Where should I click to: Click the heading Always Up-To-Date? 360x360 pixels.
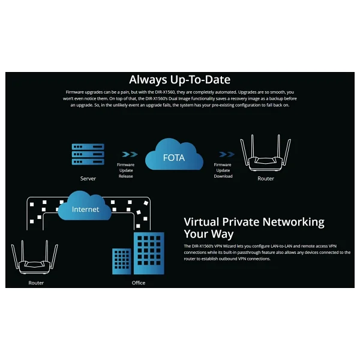click(179, 80)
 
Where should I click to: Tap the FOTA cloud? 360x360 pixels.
click(174, 155)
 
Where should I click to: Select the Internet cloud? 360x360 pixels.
click(85, 206)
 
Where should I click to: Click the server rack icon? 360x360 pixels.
click(88, 154)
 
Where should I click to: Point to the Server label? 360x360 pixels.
click(88, 179)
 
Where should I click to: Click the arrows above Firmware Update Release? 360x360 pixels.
click(130, 154)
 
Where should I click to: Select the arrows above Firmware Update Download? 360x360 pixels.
click(227, 154)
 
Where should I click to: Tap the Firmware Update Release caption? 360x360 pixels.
click(125, 170)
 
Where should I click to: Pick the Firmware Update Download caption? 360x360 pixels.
click(223, 170)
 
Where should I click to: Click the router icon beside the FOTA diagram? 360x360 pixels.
click(265, 153)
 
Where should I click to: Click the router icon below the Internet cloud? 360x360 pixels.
click(35, 257)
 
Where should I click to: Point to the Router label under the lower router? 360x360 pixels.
click(36, 283)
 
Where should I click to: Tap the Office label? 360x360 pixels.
click(139, 283)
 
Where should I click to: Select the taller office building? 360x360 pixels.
click(149, 253)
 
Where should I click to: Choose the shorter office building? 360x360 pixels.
click(121, 261)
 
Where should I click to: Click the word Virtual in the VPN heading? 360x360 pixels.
click(202, 222)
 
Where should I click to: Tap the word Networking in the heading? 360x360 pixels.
click(293, 223)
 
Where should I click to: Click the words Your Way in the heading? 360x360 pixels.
click(209, 234)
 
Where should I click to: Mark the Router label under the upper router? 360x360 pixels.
click(266, 179)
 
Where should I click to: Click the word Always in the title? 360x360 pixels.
click(148, 80)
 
